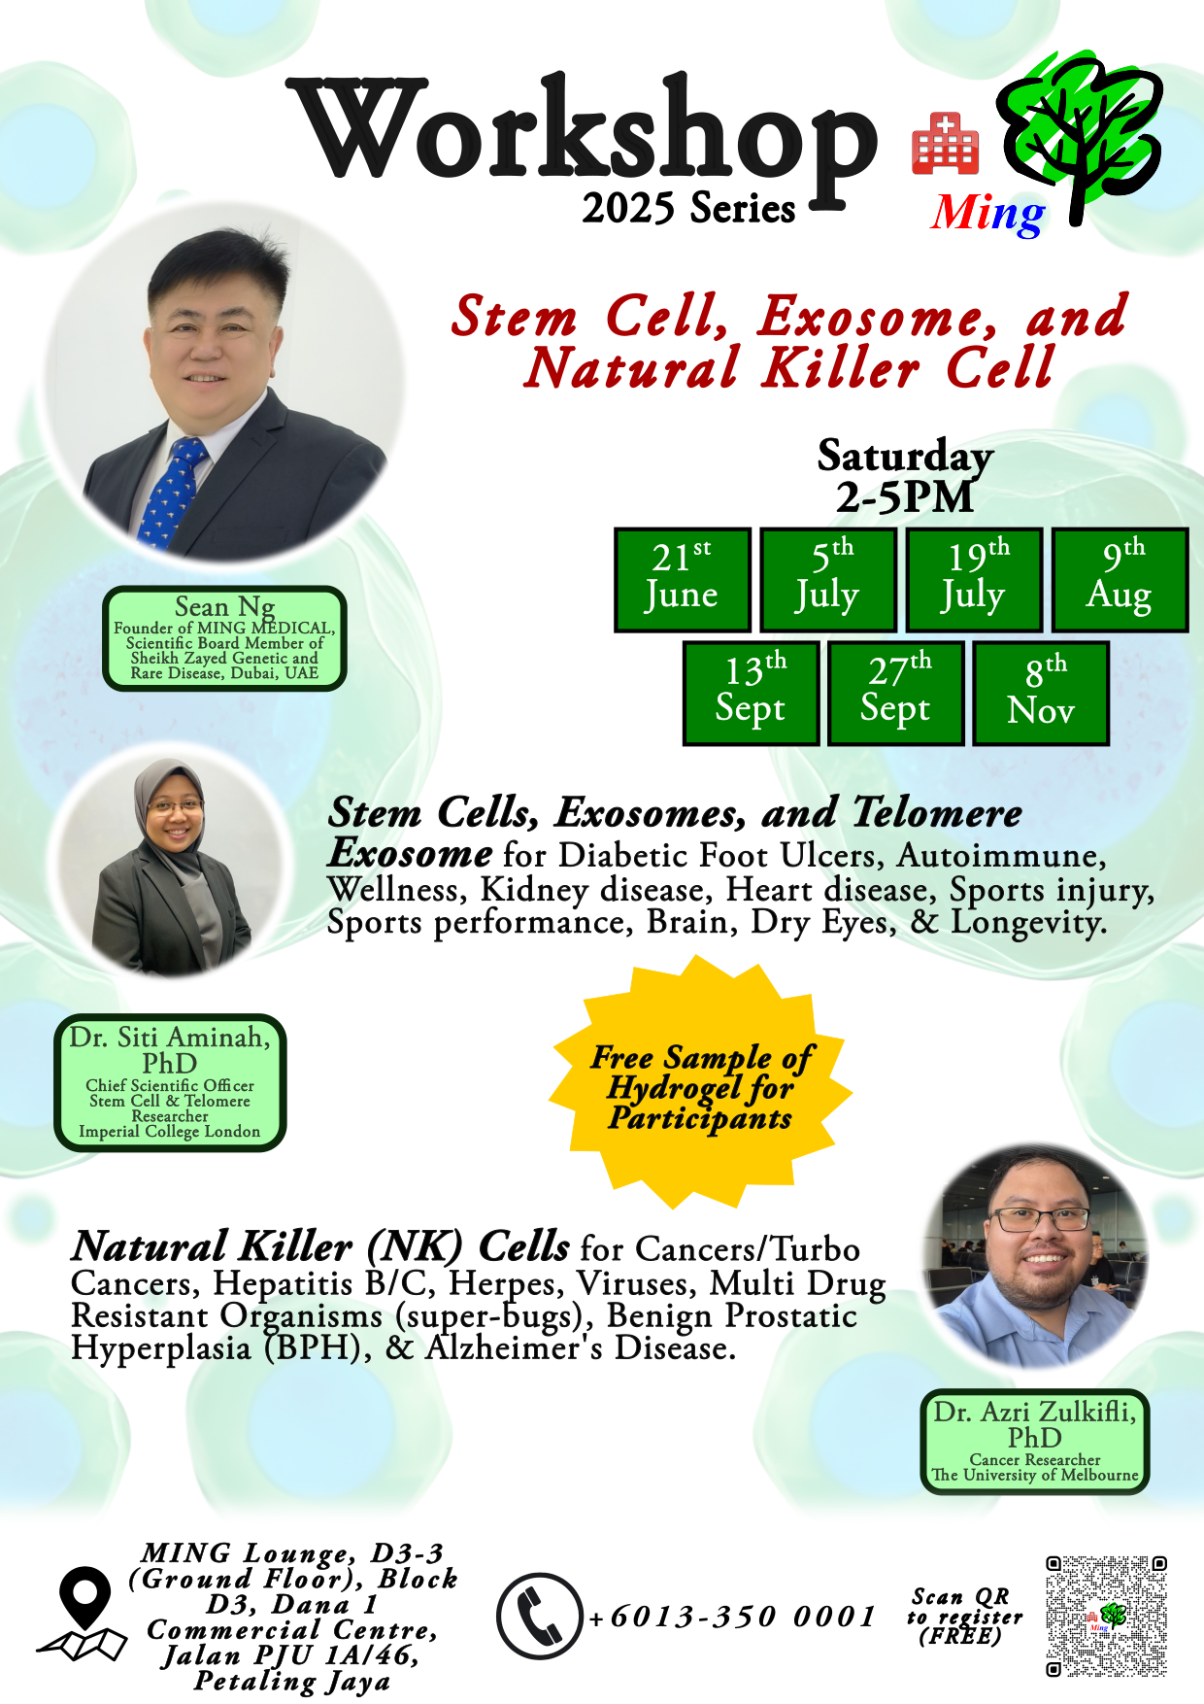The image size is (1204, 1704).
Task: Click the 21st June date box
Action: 683,580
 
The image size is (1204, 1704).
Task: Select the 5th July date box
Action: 828,580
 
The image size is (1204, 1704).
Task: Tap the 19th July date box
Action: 974,580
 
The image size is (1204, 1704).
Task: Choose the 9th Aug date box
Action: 1120,580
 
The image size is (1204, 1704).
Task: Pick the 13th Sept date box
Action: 752,694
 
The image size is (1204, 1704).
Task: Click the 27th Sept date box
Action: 896,694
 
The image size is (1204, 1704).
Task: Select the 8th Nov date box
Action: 1041,694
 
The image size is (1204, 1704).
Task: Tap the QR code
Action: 1106,1617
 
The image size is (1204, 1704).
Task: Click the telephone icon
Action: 540,1616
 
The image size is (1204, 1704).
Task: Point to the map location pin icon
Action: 84,1614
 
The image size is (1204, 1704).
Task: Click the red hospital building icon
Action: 945,144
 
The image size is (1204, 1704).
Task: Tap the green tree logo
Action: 1080,136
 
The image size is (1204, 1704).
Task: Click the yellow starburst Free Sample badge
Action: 701,1085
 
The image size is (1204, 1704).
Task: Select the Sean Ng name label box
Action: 225,638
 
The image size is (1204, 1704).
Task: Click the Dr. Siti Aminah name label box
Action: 170,1083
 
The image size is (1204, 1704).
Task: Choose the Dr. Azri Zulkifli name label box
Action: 1035,1442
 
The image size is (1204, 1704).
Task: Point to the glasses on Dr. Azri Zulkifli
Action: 1038,1219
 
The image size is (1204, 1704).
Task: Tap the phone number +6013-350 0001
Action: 733,1617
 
